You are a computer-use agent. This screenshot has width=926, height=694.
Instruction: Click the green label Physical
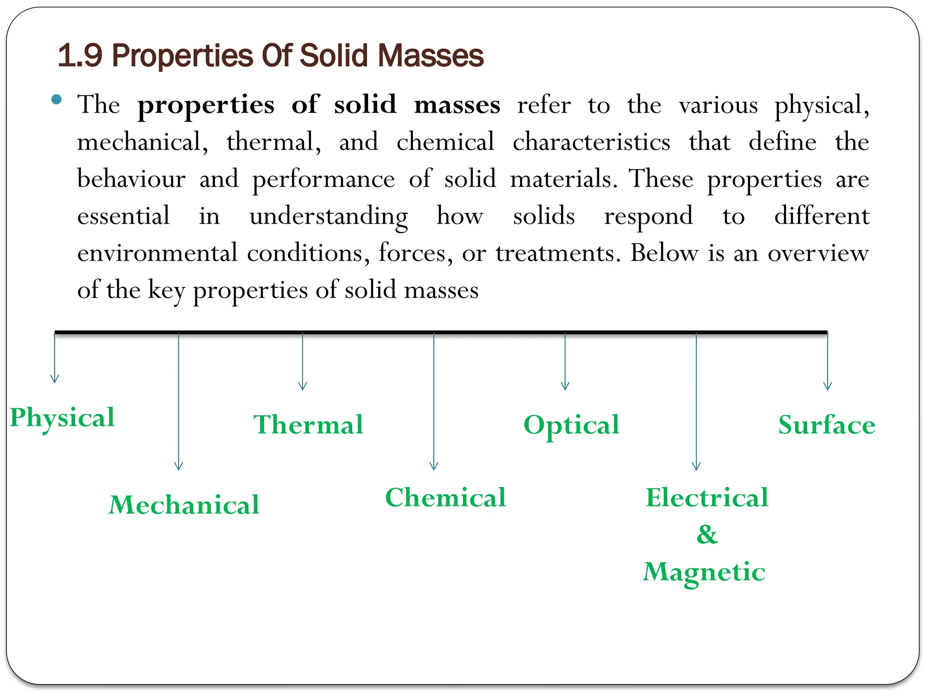tap(62, 417)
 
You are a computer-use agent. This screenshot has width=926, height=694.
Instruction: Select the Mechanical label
tap(184, 505)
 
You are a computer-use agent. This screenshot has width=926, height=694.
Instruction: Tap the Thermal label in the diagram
tap(308, 425)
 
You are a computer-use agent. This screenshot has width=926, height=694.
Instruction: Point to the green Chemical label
tap(445, 497)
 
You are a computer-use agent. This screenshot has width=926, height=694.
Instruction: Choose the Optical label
tap(572, 425)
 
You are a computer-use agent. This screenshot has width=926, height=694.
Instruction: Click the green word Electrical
tap(707, 497)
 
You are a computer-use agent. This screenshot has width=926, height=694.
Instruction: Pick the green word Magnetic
tap(704, 572)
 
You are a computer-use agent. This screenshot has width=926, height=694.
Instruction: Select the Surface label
tap(827, 425)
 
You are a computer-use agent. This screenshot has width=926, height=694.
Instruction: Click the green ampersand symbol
tap(707, 535)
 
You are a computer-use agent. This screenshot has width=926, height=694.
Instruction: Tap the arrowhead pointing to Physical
tap(55, 379)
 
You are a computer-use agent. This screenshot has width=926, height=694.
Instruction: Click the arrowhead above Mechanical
tap(179, 466)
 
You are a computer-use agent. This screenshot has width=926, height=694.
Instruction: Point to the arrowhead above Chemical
tap(434, 466)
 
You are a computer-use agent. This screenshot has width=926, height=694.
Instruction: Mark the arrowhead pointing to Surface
tap(827, 386)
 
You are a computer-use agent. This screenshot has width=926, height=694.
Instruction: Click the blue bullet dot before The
tap(57, 100)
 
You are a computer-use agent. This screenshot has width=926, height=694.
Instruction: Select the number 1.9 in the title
tap(80, 56)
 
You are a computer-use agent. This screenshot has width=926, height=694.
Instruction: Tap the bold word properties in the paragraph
tap(206, 105)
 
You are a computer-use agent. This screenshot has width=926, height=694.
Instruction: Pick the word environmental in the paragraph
tap(157, 253)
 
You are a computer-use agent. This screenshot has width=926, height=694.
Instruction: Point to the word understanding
tap(328, 216)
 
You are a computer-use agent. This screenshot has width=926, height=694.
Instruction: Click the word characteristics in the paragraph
tap(591, 142)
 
